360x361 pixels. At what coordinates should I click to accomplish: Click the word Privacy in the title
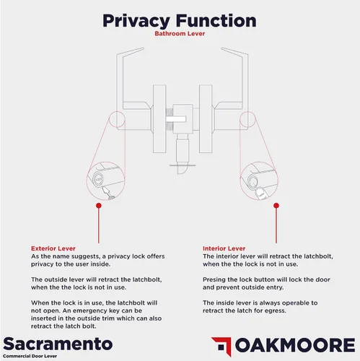pos(136,21)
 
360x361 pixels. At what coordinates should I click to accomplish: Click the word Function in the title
pos(216,20)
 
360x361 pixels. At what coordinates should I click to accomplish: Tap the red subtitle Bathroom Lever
pos(180,33)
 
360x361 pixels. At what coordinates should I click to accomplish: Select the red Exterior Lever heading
pos(53,248)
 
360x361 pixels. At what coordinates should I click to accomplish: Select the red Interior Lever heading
pos(224,248)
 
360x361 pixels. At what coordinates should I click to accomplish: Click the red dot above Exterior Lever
pos(99,206)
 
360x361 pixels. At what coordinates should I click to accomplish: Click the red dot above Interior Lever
pos(276,206)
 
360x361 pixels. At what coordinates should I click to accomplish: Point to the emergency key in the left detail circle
pos(107,193)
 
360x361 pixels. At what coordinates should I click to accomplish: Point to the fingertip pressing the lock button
pos(260,193)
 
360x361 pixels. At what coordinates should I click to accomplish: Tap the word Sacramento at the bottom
pos(58,344)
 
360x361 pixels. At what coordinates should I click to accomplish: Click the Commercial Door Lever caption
pos(30,356)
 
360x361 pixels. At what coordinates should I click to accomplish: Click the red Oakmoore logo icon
pos(221,346)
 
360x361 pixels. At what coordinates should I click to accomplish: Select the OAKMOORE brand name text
pos(295,345)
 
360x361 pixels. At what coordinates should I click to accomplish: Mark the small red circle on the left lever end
pos(117,119)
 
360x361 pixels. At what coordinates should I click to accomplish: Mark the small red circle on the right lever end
pos(247,119)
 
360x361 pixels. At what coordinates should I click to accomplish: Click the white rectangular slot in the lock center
pos(176,119)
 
